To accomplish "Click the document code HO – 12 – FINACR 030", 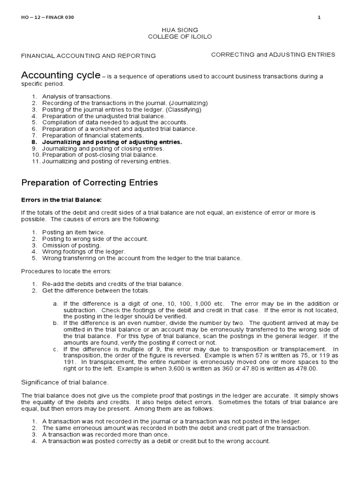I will [47, 17].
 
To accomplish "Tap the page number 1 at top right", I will [319, 17].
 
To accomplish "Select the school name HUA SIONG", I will [180, 30].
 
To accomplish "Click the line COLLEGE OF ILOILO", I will [180, 37].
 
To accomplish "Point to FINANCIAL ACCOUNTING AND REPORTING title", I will [89, 56].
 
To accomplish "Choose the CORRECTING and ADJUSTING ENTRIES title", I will [273, 54].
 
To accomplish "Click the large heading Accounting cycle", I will [60, 75].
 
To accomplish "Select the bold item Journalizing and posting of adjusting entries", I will [112, 142].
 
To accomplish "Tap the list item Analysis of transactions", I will [77, 96].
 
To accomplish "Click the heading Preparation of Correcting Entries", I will [90, 182].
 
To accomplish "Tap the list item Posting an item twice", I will [74, 232].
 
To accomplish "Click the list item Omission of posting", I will [71, 245].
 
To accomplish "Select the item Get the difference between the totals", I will [96, 291].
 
